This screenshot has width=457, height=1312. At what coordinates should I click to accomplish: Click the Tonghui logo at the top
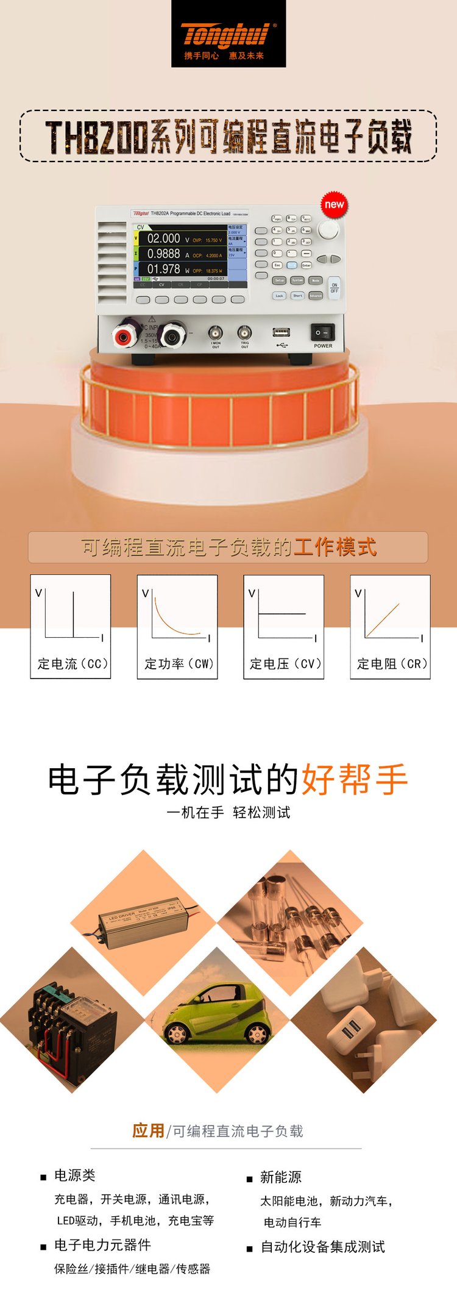(228, 35)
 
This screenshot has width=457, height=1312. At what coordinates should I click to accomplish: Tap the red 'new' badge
(334, 205)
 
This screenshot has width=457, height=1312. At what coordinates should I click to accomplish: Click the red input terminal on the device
(126, 335)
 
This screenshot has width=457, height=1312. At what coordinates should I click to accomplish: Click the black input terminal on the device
(172, 334)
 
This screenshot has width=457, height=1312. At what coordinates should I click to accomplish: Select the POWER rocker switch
(322, 332)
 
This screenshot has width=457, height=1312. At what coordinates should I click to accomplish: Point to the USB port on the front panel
(281, 333)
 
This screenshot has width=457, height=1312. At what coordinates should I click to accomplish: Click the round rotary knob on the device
(328, 229)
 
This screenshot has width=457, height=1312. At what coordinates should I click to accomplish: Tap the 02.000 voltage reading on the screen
(163, 238)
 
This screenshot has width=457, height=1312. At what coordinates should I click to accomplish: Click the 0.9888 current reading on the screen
(163, 254)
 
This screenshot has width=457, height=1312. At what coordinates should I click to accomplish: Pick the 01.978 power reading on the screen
(163, 269)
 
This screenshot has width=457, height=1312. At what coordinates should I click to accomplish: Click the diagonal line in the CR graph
(383, 620)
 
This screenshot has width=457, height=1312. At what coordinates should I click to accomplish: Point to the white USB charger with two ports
(349, 1030)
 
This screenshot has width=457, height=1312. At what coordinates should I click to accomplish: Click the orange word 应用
(148, 1131)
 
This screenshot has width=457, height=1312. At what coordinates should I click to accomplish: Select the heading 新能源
(281, 1177)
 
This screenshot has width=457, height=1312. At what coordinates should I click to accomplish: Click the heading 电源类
(75, 1175)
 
